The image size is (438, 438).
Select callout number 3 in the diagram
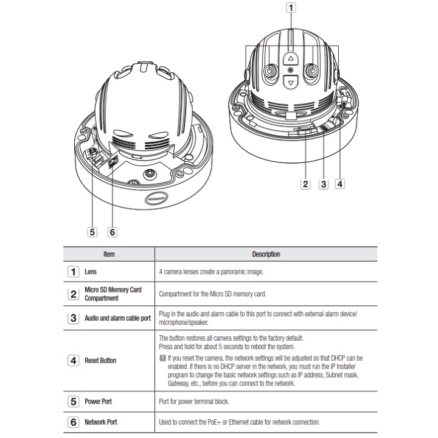coord(324,184)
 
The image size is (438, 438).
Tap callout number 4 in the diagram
coord(341,184)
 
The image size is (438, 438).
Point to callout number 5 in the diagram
coord(92,231)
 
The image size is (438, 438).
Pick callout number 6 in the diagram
coord(112,231)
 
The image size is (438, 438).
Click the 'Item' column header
coord(109,254)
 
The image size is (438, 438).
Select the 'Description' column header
coord(266,254)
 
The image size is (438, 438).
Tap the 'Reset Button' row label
coord(100,360)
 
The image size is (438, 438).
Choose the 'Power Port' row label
coord(99,402)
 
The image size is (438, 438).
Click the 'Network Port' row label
coord(102,422)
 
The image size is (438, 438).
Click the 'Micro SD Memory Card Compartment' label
coord(113,294)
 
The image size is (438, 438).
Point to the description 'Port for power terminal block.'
coord(201,402)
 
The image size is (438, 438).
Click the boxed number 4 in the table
coord(73,360)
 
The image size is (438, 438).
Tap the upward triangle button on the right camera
coord(291,60)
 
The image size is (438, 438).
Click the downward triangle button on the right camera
coord(291,82)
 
